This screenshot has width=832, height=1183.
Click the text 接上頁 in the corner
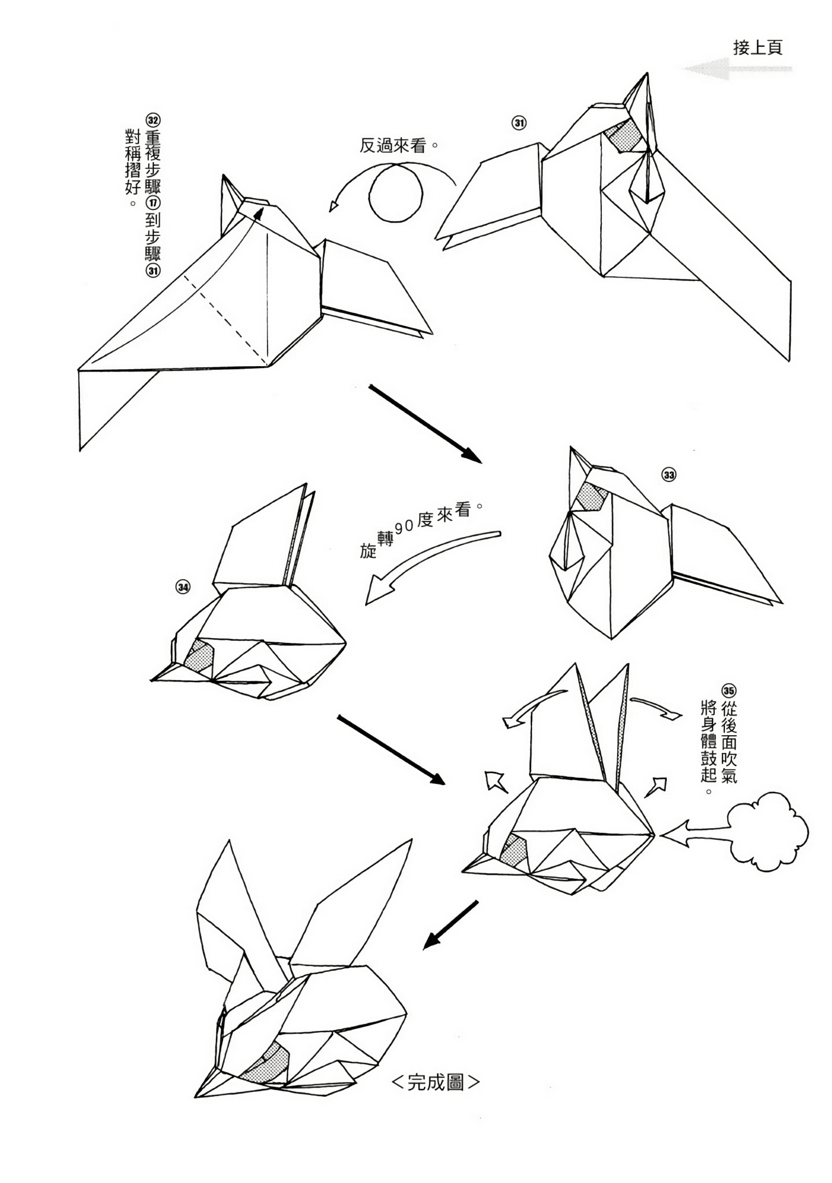click(757, 48)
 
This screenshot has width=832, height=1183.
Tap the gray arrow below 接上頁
click(737, 69)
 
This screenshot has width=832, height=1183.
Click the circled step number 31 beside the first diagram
click(518, 123)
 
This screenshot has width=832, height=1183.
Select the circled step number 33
click(669, 475)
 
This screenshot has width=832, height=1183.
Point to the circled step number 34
click(182, 587)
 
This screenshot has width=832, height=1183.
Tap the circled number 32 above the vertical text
click(153, 120)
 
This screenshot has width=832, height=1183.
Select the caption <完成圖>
click(436, 1082)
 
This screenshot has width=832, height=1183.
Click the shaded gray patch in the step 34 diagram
click(199, 656)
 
